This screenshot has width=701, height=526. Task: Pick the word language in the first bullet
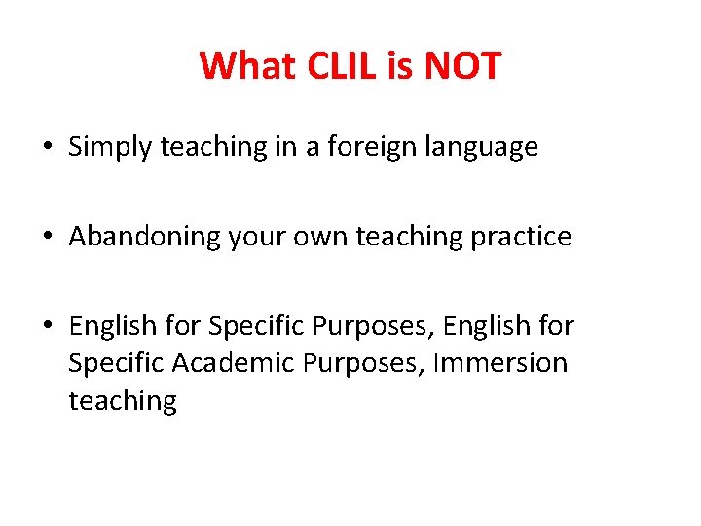click(486, 148)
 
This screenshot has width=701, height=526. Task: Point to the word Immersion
click(499, 363)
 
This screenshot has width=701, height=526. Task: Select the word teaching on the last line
click(123, 401)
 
